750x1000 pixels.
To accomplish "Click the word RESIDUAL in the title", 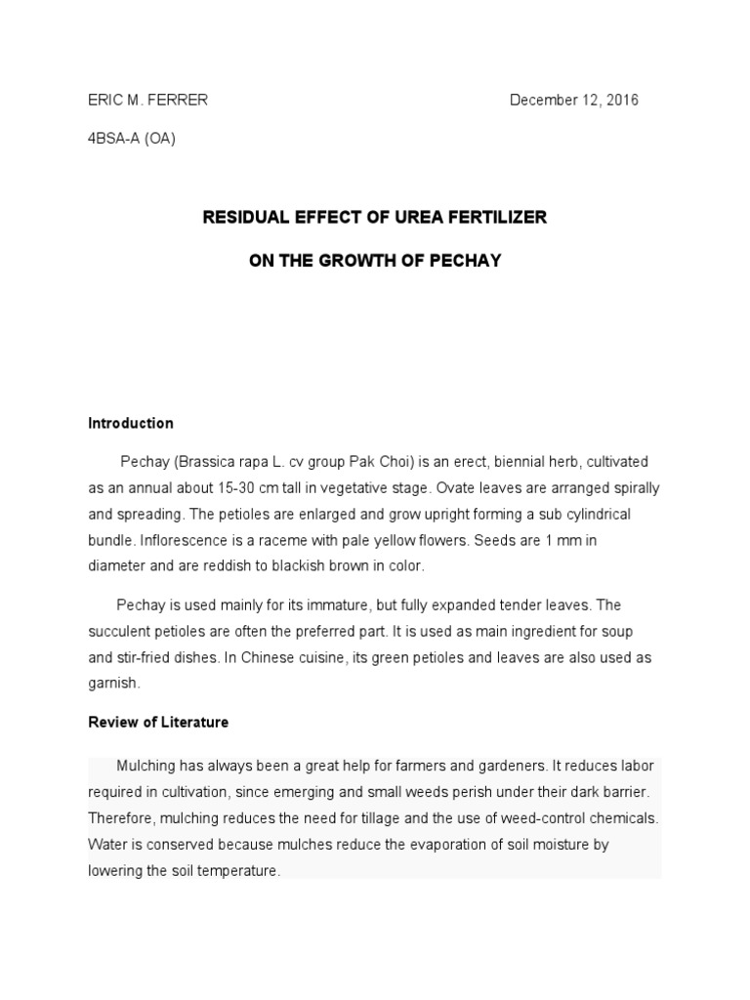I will click(243, 217).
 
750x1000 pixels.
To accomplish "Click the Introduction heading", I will click(131, 423).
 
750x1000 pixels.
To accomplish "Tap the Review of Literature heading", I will click(158, 723).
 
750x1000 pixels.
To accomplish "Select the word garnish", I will click(114, 685).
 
